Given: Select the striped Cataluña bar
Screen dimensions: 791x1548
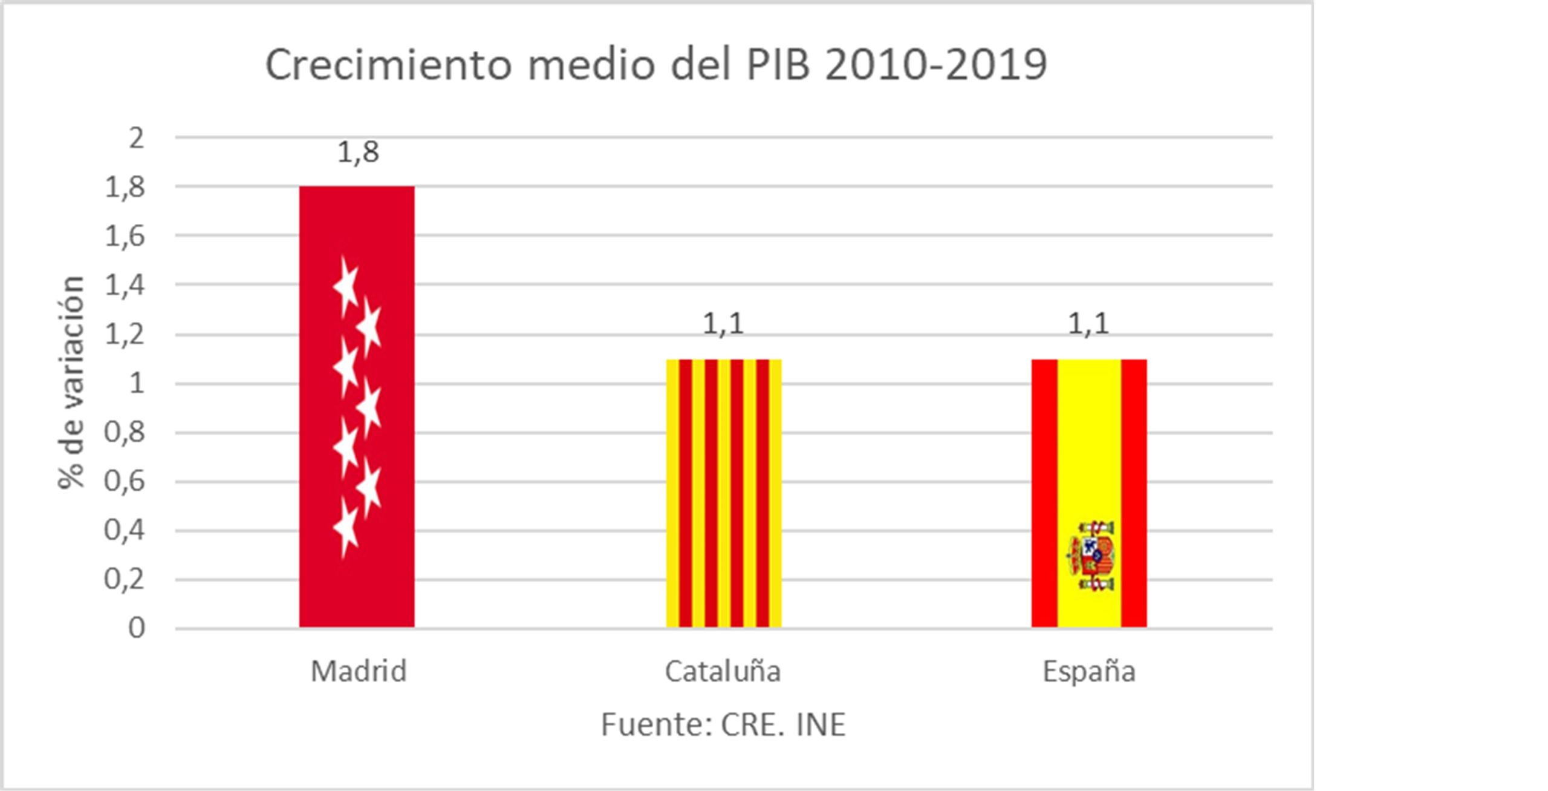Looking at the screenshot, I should (724, 493).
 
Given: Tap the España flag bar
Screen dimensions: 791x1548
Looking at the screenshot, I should (1089, 448).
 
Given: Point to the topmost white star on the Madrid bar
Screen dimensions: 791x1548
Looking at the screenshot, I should (346, 286).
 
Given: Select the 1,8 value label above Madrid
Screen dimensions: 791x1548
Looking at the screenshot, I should (358, 152).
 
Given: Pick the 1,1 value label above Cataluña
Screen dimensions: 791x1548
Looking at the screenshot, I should (723, 324).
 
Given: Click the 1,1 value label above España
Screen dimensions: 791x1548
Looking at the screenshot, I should (1088, 324).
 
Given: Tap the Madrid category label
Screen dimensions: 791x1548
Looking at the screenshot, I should (359, 671).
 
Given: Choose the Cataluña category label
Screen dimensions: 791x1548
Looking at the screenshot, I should (723, 671).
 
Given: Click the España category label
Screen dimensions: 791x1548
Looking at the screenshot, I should (1089, 671).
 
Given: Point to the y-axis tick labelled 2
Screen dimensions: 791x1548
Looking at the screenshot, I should (137, 139).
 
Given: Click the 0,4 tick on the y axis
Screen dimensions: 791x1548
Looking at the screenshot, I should (125, 531).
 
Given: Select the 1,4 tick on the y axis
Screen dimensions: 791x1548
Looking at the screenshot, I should (125, 285).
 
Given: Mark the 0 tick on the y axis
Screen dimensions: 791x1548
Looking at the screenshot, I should (137, 629).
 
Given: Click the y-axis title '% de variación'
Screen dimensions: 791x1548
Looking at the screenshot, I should (71, 382).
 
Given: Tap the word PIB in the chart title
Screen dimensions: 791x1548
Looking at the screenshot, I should (778, 65).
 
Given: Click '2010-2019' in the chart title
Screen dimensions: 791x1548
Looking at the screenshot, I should (936, 65).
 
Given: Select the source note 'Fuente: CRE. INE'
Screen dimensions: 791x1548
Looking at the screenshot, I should (723, 724).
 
